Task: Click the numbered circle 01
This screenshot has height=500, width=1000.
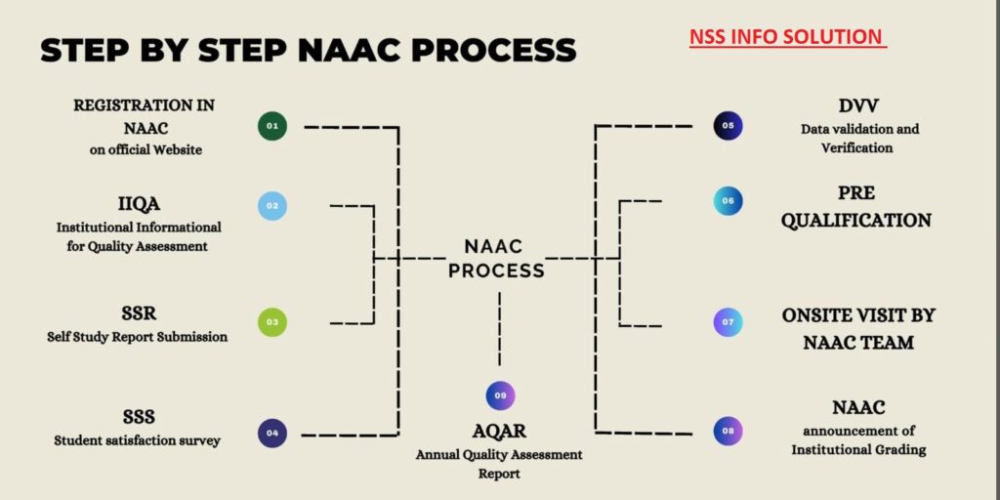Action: (272, 126)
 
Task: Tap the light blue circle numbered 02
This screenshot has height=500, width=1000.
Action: (272, 205)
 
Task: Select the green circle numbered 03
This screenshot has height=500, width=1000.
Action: (272, 321)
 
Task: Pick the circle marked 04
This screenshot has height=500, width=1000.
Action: (272, 433)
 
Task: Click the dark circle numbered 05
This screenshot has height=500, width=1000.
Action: (728, 126)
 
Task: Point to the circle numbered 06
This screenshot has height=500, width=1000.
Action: (728, 200)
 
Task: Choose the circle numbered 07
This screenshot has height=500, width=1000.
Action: (728, 321)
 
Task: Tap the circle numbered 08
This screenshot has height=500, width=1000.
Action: (728, 431)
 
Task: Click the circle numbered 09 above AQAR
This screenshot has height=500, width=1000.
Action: (500, 396)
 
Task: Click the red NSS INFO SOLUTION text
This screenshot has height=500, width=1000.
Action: (786, 37)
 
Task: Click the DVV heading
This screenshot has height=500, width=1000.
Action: (859, 105)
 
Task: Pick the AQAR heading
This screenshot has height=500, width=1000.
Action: (499, 433)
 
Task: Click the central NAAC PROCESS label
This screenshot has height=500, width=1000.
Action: (495, 258)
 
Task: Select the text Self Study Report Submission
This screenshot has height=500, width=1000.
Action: (137, 337)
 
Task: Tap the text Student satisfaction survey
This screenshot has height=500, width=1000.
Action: (137, 440)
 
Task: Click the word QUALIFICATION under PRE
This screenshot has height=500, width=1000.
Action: (855, 220)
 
